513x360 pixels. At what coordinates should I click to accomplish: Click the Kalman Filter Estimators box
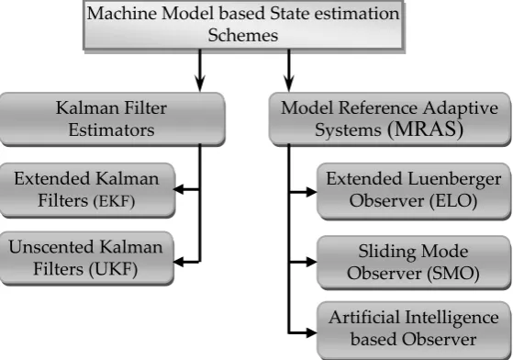pyautogui.click(x=112, y=119)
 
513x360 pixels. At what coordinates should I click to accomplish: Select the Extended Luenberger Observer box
pyautogui.click(x=414, y=191)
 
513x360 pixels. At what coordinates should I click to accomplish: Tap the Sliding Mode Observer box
pyautogui.click(x=414, y=263)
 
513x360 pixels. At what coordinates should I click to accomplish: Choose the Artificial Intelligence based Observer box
pyautogui.click(x=414, y=330)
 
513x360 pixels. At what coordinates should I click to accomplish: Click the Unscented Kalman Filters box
pyautogui.click(x=86, y=259)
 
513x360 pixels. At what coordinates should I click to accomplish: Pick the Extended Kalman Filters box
pyautogui.click(x=87, y=190)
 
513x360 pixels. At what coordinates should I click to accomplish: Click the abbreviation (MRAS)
pyautogui.click(x=425, y=129)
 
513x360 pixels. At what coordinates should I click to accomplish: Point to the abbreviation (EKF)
pyautogui.click(x=114, y=201)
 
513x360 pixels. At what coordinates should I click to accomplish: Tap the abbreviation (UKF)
pyautogui.click(x=113, y=270)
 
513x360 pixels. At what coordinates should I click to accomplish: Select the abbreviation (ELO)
pyautogui.click(x=452, y=201)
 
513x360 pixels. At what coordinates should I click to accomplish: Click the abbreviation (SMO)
pyautogui.click(x=453, y=274)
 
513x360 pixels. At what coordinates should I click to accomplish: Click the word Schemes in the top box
pyautogui.click(x=243, y=35)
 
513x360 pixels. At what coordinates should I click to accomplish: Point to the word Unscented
pyautogui.click(x=51, y=247)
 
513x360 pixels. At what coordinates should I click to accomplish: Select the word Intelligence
pyautogui.click(x=452, y=318)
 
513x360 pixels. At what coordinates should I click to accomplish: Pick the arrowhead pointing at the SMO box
pyautogui.click(x=311, y=262)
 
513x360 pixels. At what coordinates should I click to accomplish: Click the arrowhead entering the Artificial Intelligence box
pyautogui.click(x=311, y=332)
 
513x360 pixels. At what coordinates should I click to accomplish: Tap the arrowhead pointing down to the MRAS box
pyautogui.click(x=288, y=84)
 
